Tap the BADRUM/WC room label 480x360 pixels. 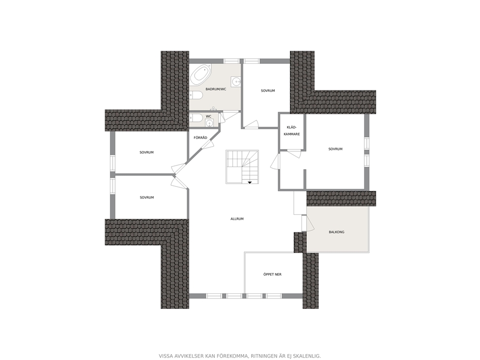click(216, 89)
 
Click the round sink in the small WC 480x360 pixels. click(209, 123)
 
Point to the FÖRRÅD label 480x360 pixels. click(200, 138)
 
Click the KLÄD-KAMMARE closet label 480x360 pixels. click(292, 131)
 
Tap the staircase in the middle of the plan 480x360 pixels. click(242, 167)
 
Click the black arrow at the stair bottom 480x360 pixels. click(250, 182)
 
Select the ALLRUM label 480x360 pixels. click(237, 219)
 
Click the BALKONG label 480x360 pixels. click(336, 232)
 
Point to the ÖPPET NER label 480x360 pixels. click(272, 274)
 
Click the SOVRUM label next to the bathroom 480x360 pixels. click(268, 90)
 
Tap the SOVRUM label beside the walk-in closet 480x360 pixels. click(335, 149)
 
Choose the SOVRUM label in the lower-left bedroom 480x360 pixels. click(147, 197)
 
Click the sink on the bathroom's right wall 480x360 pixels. click(236, 81)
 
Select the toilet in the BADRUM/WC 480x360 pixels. click(196, 95)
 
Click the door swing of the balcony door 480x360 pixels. click(310, 224)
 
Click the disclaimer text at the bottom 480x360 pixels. click(240, 356)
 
